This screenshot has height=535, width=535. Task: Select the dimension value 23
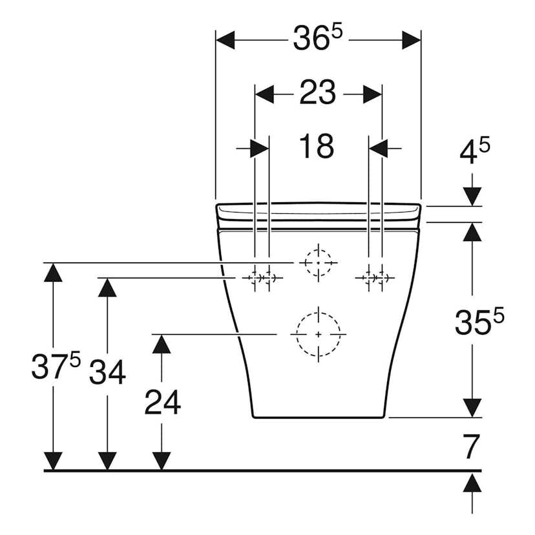pyautogui.click(x=317, y=94)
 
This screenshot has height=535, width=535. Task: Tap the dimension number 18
pyautogui.click(x=316, y=147)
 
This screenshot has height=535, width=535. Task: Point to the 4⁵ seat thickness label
pyautogui.click(x=474, y=154)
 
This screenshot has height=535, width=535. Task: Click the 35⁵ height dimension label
pyautogui.click(x=478, y=320)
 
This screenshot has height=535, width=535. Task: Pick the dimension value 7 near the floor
pyautogui.click(x=472, y=446)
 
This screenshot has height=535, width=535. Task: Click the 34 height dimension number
pyautogui.click(x=107, y=372)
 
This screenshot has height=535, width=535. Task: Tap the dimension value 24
pyautogui.click(x=162, y=404)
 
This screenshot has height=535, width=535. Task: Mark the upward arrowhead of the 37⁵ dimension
pyautogui.click(x=53, y=273)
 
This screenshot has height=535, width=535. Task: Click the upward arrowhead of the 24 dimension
pyautogui.click(x=162, y=344)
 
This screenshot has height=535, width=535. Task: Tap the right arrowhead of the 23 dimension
pyautogui.click(x=372, y=94)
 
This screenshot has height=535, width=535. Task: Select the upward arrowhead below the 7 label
pyautogui.click(x=474, y=481)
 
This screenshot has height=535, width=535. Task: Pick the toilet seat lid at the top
pyautogui.click(x=318, y=211)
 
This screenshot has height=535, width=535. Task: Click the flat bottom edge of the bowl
pyautogui.click(x=318, y=417)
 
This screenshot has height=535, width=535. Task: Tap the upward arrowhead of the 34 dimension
pyautogui.click(x=107, y=287)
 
